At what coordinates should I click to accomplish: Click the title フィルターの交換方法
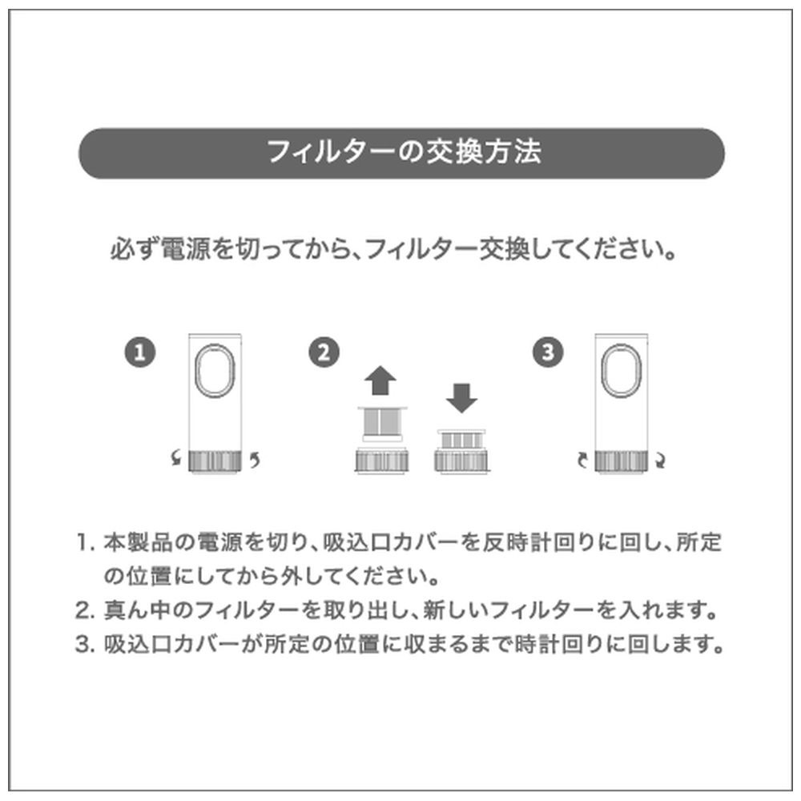[404, 152]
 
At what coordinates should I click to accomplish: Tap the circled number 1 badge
[140, 352]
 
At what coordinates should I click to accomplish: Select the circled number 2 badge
[324, 352]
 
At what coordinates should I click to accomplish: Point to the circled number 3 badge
[548, 352]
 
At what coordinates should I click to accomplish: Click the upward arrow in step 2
[380, 380]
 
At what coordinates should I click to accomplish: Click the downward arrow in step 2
[461, 398]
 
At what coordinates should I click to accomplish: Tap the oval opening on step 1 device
[215, 370]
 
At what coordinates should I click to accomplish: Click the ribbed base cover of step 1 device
[215, 461]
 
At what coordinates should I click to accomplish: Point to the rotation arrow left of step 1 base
[175, 457]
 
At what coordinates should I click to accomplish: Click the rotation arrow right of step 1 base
[255, 460]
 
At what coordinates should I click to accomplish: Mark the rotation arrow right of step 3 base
[660, 461]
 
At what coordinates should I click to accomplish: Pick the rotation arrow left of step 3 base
[582, 460]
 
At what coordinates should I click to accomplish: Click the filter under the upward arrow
[382, 424]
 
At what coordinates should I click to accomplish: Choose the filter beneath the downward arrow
[461, 439]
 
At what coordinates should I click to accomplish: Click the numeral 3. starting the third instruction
[86, 645]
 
